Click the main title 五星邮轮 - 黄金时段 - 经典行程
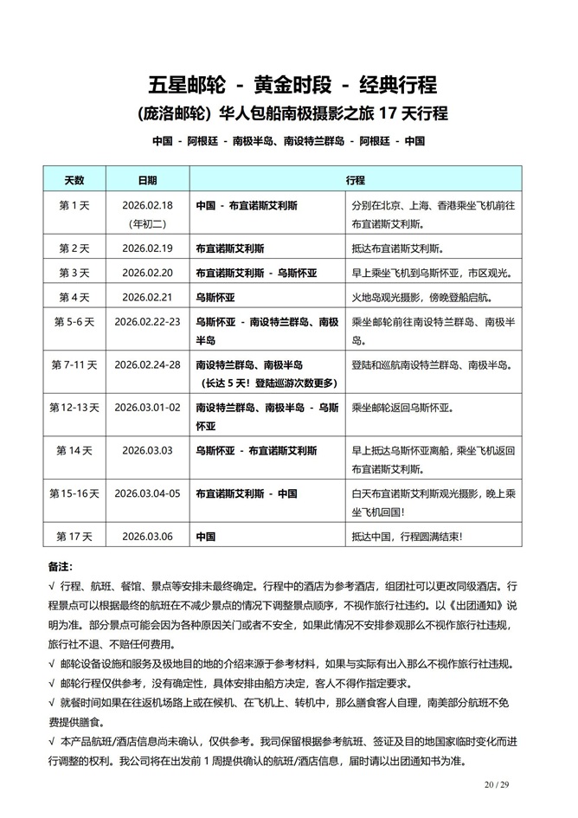click(x=292, y=85)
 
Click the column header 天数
click(x=74, y=181)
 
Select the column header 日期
click(x=147, y=181)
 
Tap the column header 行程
click(x=355, y=181)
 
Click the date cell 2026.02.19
click(x=147, y=248)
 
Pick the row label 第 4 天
click(x=74, y=297)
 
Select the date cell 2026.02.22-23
click(x=147, y=321)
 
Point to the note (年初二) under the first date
click(x=147, y=222)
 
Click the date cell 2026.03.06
click(x=147, y=537)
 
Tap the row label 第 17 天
click(x=74, y=537)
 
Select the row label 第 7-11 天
click(x=74, y=365)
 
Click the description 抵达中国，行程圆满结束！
click(x=407, y=537)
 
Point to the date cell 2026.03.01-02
click(x=147, y=407)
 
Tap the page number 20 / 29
click(x=498, y=784)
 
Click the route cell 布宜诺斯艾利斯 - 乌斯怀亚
click(x=256, y=273)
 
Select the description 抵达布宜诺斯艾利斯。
click(x=397, y=248)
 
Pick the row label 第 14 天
click(x=74, y=451)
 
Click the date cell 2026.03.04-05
click(x=147, y=493)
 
